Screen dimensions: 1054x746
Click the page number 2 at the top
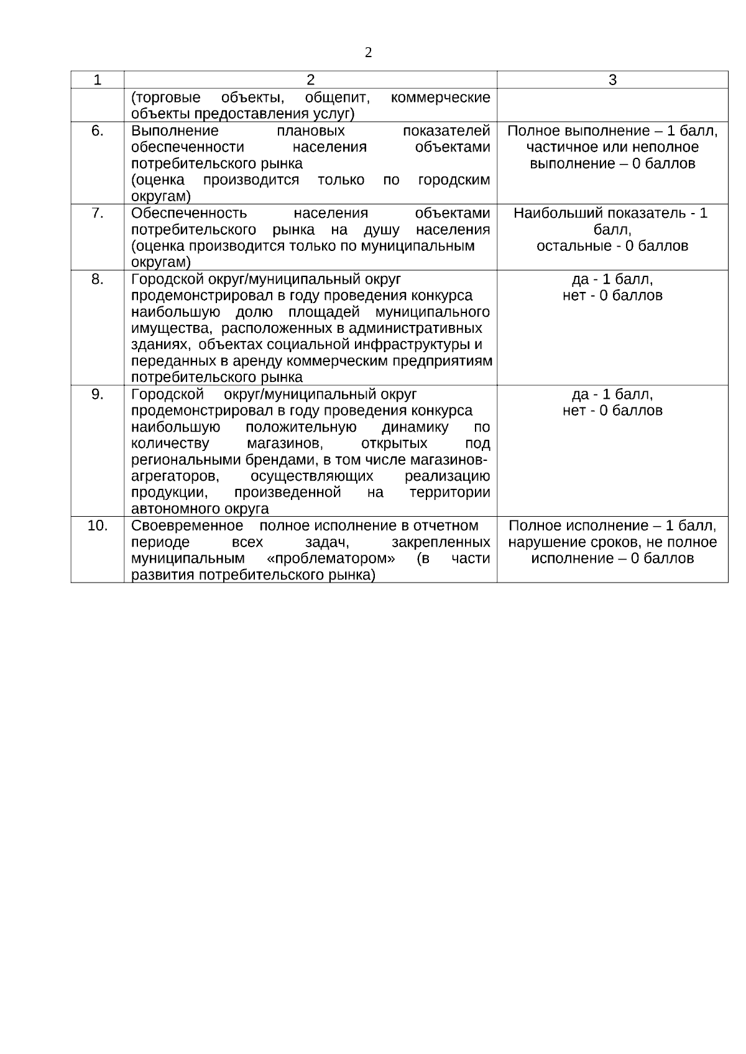[369, 53]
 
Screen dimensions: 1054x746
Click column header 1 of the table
[97, 80]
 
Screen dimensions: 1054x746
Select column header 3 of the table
[612, 80]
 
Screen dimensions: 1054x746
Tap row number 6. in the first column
[98, 131]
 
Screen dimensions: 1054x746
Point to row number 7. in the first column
[98, 213]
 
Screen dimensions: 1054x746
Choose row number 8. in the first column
[98, 279]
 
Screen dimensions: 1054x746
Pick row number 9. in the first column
[98, 394]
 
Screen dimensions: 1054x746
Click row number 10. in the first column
[98, 525]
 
